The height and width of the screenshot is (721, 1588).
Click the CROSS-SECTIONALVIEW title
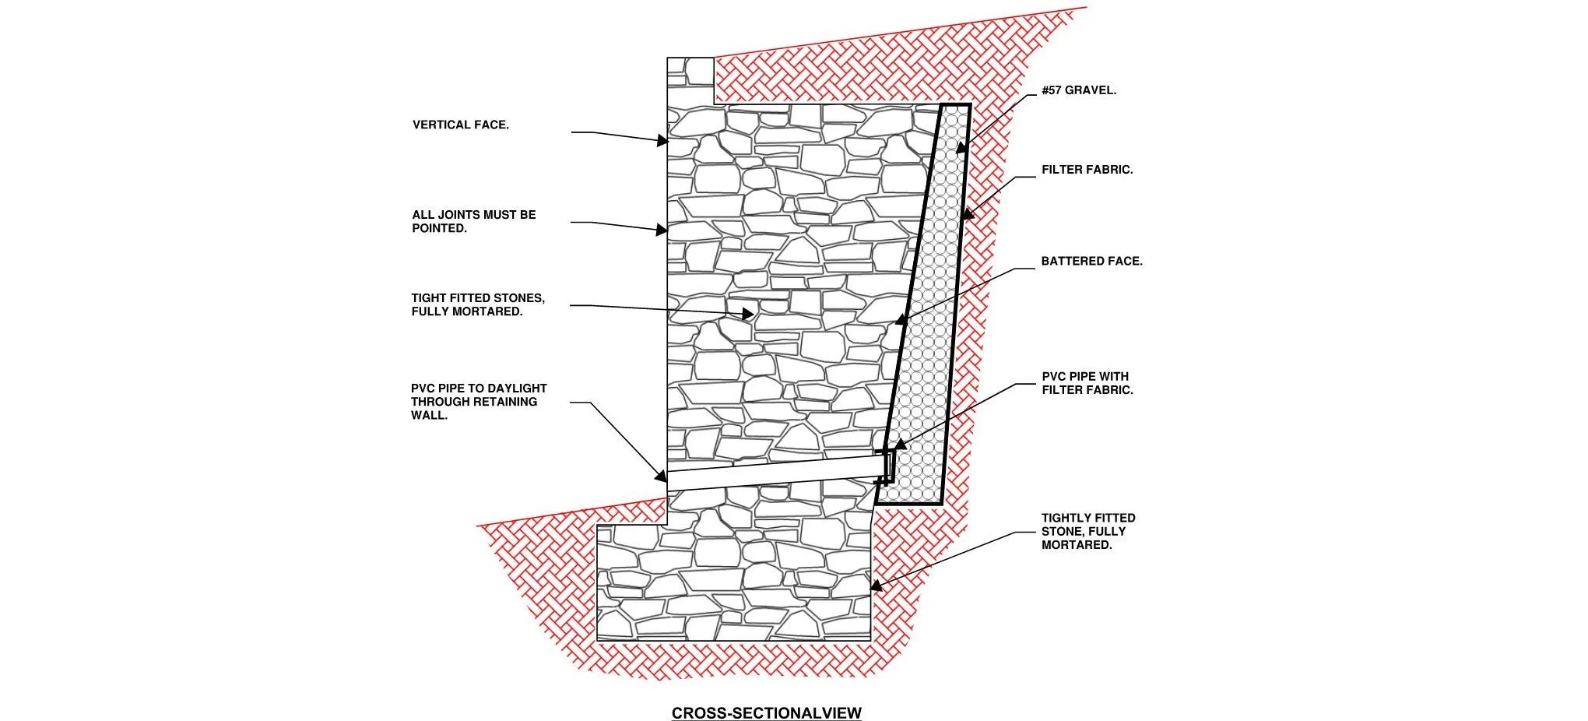coord(766,712)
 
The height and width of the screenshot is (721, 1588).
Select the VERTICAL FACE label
coord(461,125)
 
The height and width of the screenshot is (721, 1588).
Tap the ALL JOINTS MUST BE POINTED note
coord(473,221)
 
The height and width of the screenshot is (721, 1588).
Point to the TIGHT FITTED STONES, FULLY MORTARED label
coord(478,304)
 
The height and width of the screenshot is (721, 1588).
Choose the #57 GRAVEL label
coord(1079,90)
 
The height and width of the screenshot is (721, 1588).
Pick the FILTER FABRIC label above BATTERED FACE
coord(1087,170)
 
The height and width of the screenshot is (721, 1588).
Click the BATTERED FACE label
coord(1091,262)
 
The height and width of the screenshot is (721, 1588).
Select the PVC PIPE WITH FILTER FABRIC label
coord(1087,383)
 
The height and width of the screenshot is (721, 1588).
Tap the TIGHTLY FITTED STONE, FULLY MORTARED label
coord(1088,531)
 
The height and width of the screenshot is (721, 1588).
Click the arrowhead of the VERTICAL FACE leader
coord(662,141)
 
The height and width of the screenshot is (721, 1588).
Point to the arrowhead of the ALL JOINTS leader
coord(662,230)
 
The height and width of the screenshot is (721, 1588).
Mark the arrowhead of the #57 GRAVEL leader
coord(961,147)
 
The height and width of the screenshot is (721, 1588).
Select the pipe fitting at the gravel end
coord(887,466)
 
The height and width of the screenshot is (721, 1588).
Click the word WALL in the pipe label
coord(429,416)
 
